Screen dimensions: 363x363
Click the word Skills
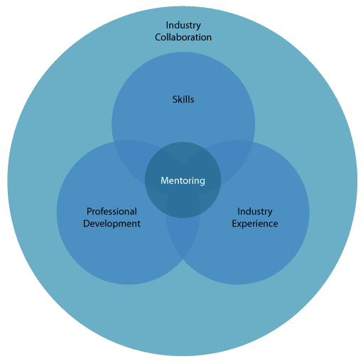pos(183,99)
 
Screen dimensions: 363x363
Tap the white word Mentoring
pos(183,180)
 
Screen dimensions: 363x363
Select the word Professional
pos(112,212)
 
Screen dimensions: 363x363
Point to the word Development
pos(112,224)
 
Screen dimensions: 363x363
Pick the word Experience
pos(255,224)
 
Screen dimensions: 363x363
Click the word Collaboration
pos(183,38)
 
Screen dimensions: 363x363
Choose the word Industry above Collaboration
pos(183,26)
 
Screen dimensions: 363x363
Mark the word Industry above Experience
pos(255,212)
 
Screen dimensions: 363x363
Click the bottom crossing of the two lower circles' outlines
pos(183,259)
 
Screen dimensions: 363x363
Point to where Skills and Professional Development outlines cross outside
pos(114,142)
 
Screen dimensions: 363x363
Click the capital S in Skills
pos(175,99)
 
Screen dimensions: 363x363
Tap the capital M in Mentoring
pos(165,180)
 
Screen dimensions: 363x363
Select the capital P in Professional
pos(90,212)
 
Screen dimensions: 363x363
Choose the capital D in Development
pos(87,224)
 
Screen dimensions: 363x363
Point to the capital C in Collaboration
pos(158,38)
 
